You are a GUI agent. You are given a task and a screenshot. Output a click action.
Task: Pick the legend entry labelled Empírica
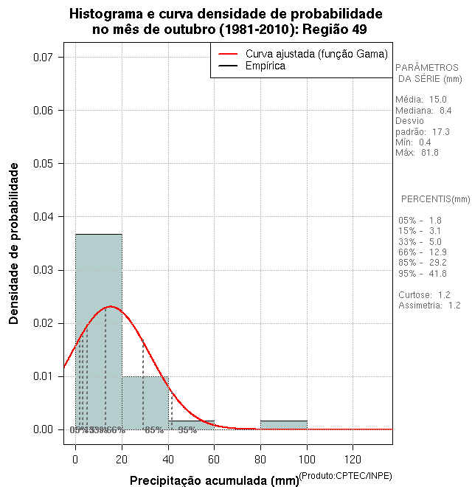point(265,66)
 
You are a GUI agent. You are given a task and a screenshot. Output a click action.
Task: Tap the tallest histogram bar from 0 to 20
point(99,331)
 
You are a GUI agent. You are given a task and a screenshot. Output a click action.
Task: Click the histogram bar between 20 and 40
point(145,403)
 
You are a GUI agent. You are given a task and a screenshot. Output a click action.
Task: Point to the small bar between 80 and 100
point(284,425)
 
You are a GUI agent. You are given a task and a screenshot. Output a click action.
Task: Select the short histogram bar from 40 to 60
point(192,425)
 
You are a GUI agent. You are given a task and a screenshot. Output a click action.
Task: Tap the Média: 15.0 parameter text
point(421,100)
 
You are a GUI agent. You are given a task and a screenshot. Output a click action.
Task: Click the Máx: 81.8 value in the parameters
point(417,153)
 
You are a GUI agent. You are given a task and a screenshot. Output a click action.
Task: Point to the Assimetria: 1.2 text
point(429,305)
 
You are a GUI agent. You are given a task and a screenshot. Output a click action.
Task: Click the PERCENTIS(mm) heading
point(435,199)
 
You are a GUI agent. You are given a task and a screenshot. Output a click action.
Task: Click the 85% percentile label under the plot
point(153,430)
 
